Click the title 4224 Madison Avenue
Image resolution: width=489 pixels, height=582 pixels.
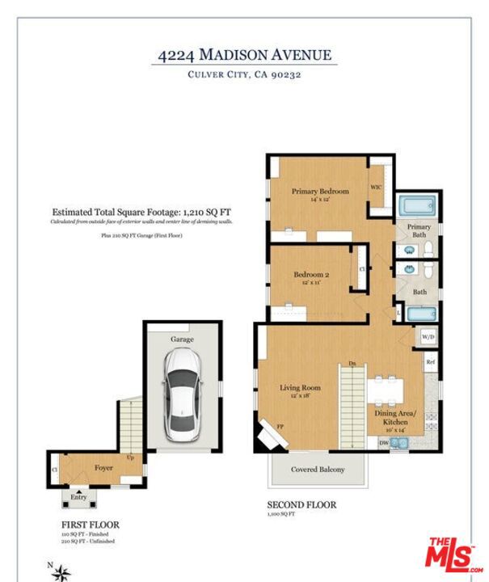pos(244,55)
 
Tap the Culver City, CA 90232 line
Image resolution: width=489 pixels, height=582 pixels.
pos(244,75)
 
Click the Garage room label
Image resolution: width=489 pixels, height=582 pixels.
pos(181,339)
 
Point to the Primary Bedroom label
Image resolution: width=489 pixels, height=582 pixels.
pos(320,192)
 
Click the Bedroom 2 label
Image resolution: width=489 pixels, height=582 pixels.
pos(310,275)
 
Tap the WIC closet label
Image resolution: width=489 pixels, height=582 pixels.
pos(376,188)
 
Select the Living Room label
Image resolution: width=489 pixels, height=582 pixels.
pos(300,388)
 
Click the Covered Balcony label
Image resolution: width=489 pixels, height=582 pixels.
pos(318,470)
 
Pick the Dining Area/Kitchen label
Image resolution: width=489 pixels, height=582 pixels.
pos(396,418)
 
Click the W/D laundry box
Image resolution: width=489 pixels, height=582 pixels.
pos(427,336)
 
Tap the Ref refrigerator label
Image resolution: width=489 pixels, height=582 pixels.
pos(431,361)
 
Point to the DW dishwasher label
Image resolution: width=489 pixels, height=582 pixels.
pos(383,443)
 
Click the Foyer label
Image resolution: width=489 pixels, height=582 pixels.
pos(103,467)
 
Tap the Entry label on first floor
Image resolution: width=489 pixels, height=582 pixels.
pos(78,497)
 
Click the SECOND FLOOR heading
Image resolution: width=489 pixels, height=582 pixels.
pos(301,505)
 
